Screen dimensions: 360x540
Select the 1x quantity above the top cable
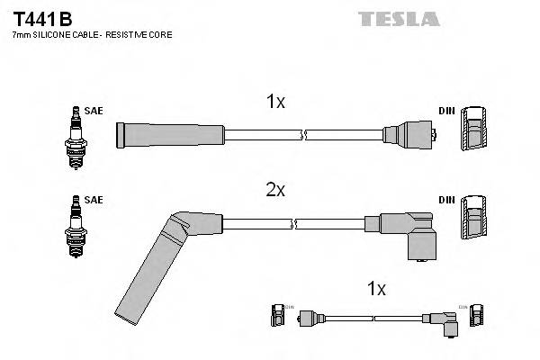click(275, 103)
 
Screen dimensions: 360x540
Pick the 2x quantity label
click(275, 190)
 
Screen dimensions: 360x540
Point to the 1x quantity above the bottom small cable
click(377, 289)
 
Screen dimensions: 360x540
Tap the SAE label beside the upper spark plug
click(94, 111)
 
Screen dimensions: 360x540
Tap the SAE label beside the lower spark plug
click(94, 200)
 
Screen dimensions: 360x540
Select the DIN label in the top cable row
click(446, 111)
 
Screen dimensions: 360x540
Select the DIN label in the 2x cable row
click(446, 200)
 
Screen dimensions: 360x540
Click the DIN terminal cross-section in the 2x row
click(474, 220)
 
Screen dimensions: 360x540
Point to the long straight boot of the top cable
click(170, 135)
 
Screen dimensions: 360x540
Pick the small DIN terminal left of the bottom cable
click(277, 317)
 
